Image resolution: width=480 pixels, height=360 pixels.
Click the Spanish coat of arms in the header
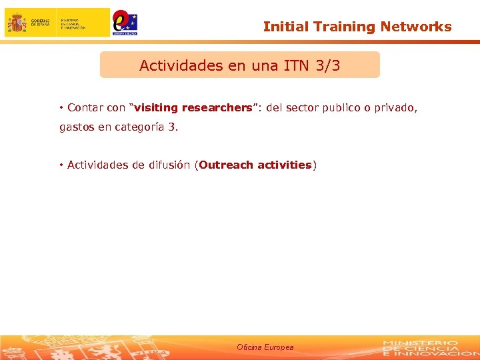pyautogui.click(x=17, y=23)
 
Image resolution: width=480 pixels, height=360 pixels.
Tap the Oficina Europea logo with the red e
pyautogui.click(x=124, y=22)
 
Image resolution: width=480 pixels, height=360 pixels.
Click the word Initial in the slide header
pyautogui.click(x=282, y=27)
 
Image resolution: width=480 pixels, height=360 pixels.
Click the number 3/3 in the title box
pyautogui.click(x=327, y=66)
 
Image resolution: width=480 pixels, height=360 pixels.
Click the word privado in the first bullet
pyautogui.click(x=397, y=107)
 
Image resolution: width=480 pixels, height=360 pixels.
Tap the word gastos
pyautogui.click(x=77, y=127)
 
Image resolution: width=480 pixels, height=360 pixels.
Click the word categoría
pyautogui.click(x=140, y=127)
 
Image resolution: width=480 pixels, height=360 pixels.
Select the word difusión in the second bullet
pyautogui.click(x=167, y=165)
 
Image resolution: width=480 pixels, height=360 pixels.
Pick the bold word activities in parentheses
pyautogui.click(x=284, y=165)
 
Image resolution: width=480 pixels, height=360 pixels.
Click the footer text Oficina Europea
pyautogui.click(x=265, y=347)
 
